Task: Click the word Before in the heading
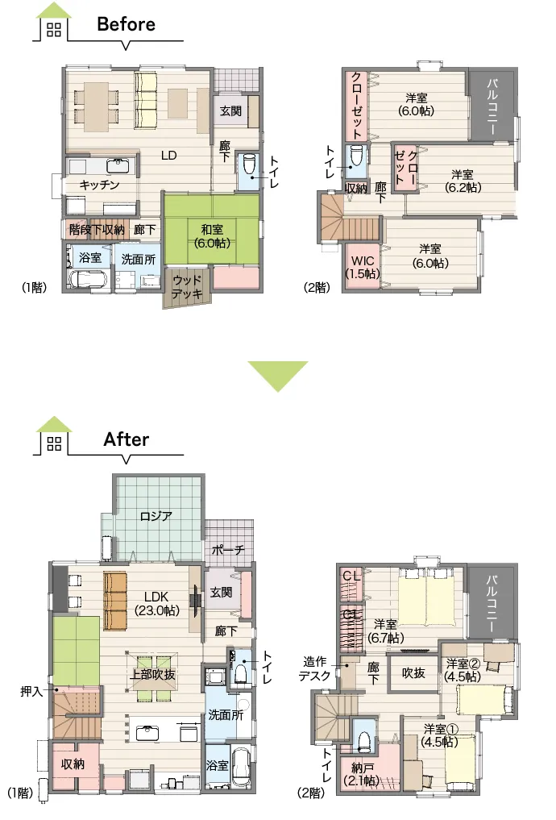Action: (x=126, y=24)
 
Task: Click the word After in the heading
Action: (x=126, y=439)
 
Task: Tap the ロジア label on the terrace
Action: (x=156, y=516)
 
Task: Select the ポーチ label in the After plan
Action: (x=228, y=550)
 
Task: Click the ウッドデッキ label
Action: (x=187, y=287)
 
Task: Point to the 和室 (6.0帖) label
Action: (x=212, y=236)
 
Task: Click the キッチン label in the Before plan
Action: (x=99, y=185)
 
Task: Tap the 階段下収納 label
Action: (x=97, y=230)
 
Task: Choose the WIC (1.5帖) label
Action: (x=363, y=267)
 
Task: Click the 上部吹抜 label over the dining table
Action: (x=152, y=675)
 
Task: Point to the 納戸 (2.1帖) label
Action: (x=363, y=775)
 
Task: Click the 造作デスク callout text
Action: (x=314, y=669)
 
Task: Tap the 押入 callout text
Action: (x=31, y=691)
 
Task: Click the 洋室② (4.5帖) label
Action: (x=463, y=670)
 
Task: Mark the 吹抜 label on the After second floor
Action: (x=413, y=673)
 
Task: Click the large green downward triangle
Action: (x=278, y=376)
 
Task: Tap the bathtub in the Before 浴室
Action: (x=89, y=279)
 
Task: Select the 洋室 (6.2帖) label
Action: (x=463, y=181)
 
